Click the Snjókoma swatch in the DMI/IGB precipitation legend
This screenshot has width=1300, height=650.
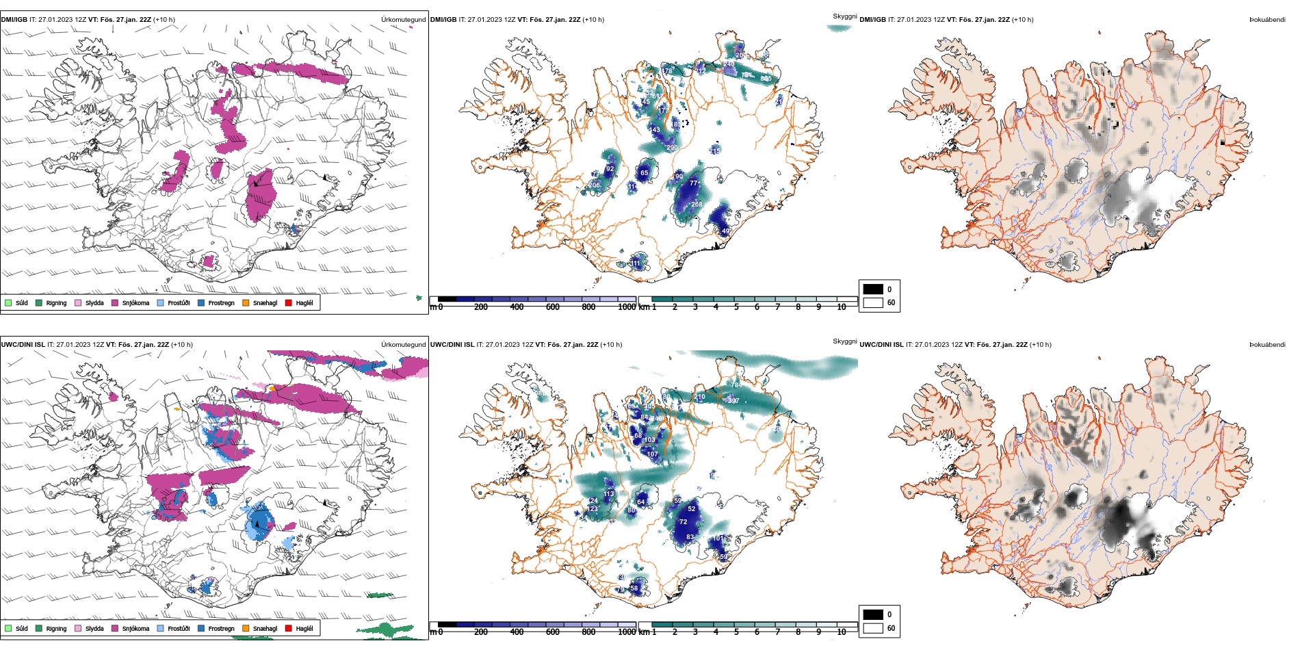[115, 302]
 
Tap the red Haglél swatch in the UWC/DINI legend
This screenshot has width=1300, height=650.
[289, 628]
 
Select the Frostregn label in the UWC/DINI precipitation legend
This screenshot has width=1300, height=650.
[221, 628]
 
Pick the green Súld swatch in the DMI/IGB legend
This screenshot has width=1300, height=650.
[8, 302]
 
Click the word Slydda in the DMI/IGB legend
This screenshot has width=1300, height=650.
[94, 302]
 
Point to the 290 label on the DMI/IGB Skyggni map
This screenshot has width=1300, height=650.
[672, 148]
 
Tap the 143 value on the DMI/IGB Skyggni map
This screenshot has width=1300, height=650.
[655, 130]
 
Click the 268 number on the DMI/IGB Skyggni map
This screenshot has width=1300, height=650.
[697, 205]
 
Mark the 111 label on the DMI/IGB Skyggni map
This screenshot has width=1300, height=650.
[636, 263]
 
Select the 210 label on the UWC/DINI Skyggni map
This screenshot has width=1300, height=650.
[699, 397]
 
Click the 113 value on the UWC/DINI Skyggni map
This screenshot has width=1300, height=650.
[609, 494]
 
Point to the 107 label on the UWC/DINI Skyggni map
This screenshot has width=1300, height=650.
[652, 454]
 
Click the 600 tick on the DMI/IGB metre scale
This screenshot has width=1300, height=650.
[553, 307]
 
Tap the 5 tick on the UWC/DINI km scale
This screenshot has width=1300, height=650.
[736, 632]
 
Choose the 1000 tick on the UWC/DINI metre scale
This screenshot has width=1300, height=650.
[627, 632]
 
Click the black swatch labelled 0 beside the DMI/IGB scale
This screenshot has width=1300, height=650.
[873, 289]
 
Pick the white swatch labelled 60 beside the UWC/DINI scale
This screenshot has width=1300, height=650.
[873, 627]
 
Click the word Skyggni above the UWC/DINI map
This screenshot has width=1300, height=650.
[844, 341]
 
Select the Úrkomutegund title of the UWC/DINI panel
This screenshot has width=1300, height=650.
[403, 345]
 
